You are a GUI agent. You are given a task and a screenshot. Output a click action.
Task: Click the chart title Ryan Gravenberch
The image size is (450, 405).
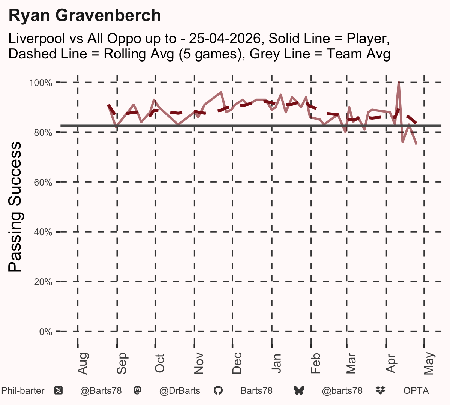point(85,15)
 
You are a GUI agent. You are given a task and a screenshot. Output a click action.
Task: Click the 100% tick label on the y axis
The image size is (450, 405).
point(40,83)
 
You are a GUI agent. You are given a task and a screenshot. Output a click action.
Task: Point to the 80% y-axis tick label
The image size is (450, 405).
point(43,133)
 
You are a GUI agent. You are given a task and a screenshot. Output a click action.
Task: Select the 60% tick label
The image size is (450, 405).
point(43,182)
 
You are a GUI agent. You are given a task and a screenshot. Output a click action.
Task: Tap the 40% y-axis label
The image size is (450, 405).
point(43,232)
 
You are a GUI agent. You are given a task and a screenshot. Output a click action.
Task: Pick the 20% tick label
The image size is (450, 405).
point(43,282)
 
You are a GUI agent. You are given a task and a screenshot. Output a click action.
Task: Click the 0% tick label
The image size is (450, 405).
point(46,331)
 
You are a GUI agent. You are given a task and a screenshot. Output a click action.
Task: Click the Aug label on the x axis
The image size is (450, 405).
point(82,363)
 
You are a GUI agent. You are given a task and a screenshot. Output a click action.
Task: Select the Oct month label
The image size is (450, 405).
point(160,363)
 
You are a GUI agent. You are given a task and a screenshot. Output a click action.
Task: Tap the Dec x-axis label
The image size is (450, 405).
point(237,363)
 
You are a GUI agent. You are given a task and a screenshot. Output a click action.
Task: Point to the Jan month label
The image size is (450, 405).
point(276,363)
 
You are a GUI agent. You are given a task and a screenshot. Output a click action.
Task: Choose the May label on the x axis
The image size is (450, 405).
point(429,363)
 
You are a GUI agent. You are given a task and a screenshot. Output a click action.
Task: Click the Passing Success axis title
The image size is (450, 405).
point(15,207)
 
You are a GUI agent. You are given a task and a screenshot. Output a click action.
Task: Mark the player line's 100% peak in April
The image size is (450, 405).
point(399,82)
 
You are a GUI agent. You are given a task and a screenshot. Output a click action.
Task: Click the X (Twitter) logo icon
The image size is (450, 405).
point(58,391)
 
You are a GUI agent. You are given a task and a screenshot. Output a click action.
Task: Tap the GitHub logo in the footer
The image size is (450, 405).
point(218,390)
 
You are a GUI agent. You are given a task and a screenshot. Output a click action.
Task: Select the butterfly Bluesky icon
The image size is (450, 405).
point(299,390)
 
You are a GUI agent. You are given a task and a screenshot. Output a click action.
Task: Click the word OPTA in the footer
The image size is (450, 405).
point(416,391)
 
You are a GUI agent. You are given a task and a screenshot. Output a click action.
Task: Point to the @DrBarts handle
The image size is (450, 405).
point(180,391)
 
